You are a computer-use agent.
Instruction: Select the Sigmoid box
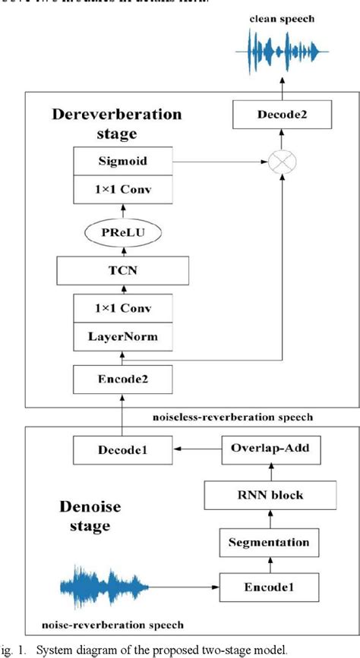pyautogui.click(x=122, y=162)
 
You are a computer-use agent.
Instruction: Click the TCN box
pyautogui.click(x=122, y=269)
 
